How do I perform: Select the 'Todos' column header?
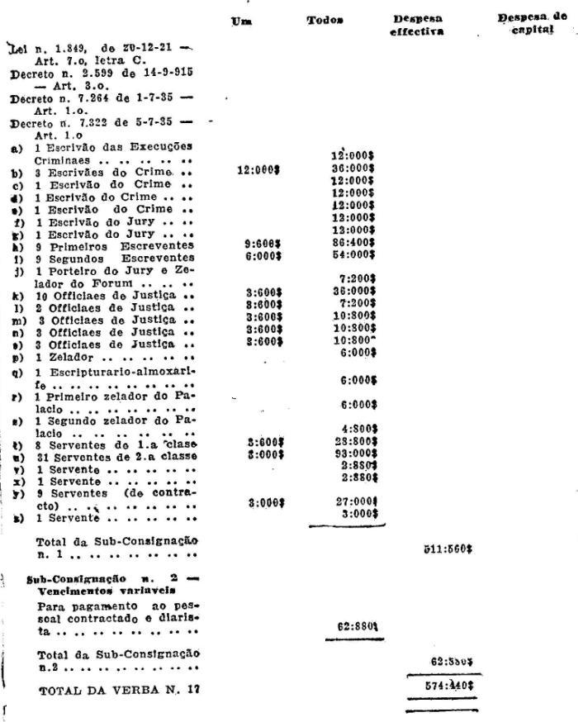click(324, 20)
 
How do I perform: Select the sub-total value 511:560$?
click(448, 548)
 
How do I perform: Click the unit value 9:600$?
click(263, 245)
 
